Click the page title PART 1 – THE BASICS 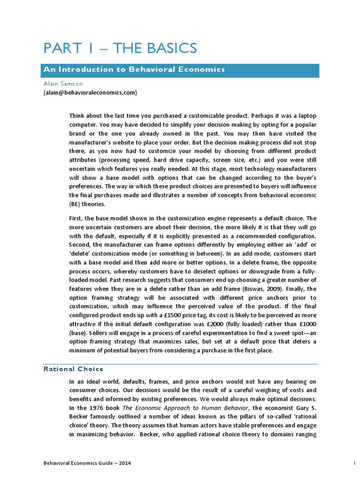tap(120, 48)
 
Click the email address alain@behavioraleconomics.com tap(90, 93)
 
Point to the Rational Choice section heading tap(73, 369)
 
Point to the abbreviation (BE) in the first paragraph tap(76, 204)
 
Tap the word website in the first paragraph tap(138, 142)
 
